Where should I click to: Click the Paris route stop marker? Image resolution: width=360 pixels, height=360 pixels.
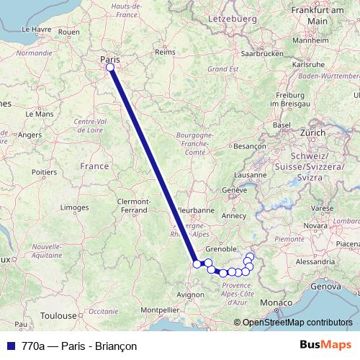click(110, 68)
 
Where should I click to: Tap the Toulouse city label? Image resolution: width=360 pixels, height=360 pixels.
click(58, 315)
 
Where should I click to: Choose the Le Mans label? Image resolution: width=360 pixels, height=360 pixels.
click(39, 114)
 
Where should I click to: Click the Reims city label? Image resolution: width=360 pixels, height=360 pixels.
click(165, 52)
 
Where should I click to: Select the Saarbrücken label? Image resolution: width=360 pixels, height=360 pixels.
click(261, 54)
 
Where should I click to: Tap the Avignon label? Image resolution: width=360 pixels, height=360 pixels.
click(191, 294)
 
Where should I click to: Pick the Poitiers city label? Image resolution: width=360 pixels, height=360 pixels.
click(45, 172)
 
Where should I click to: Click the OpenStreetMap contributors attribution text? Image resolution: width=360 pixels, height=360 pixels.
click(297, 323)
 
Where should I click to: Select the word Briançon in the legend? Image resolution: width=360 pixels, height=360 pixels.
click(115, 346)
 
